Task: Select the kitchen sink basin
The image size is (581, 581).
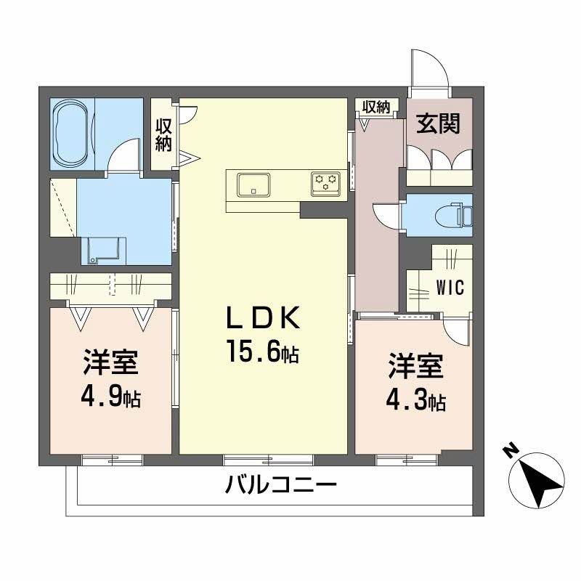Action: coord(253,185)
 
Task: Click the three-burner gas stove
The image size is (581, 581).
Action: coord(325,183)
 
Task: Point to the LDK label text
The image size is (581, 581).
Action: coord(263,318)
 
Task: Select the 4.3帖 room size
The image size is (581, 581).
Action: coord(415,399)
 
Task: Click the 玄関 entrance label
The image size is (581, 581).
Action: coord(439,123)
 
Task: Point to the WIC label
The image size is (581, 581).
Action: coord(450,287)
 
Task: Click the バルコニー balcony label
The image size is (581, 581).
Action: coord(281,484)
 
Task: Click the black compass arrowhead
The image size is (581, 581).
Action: coord(542,482)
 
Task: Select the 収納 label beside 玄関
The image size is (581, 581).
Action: coord(376,107)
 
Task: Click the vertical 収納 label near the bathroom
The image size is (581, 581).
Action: coord(163,135)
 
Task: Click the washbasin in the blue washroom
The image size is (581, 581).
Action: coord(104,251)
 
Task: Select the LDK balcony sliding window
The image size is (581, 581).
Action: coord(268,460)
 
